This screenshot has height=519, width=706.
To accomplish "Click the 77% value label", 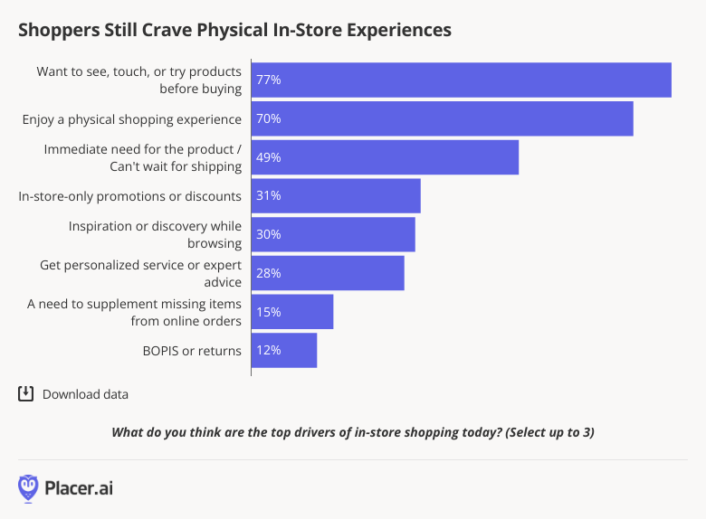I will [268, 80].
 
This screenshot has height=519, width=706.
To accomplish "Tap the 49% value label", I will [268, 157].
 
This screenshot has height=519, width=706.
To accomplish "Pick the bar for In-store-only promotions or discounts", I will [336, 196].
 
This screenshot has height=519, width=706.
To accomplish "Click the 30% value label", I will [268, 234].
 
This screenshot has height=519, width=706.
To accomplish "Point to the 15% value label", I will [268, 312].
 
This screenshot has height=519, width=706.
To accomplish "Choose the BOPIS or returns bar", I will [284, 351].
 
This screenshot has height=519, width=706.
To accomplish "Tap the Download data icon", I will [25, 393].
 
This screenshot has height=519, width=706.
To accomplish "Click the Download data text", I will [85, 394].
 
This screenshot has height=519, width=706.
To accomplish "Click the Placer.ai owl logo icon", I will [29, 488].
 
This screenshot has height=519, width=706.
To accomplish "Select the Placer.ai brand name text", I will [80, 488].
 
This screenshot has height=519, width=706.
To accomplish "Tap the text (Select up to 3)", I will [550, 432].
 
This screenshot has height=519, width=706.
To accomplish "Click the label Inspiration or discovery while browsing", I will [155, 234].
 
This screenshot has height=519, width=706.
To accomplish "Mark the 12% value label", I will [268, 351].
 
